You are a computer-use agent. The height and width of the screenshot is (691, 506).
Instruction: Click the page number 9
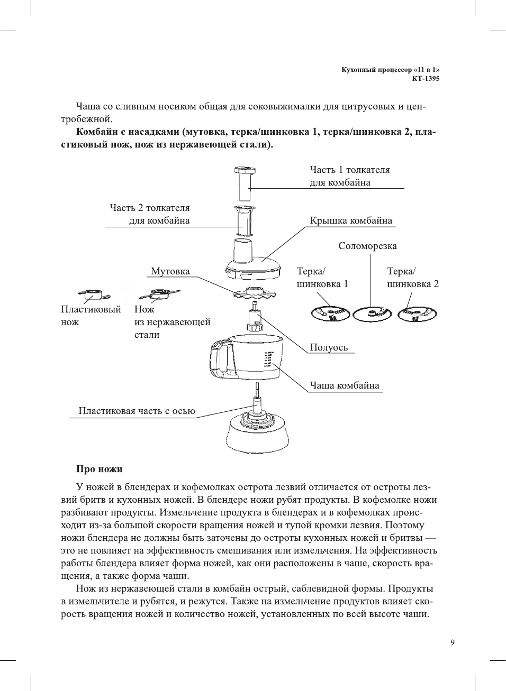(452, 642)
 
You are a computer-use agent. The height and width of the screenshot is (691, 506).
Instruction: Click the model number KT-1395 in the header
(426, 79)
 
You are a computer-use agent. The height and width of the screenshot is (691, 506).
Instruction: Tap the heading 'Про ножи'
(99, 469)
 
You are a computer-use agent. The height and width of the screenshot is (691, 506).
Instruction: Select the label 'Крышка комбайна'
(351, 220)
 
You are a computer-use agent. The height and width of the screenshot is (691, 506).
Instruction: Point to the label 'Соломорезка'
(367, 246)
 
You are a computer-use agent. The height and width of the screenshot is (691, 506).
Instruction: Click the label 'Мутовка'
(170, 271)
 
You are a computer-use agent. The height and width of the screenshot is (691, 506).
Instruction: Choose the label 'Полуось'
(329, 347)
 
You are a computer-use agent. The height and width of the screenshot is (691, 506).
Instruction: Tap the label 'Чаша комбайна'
(345, 385)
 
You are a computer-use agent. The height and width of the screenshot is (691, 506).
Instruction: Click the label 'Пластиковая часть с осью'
(137, 411)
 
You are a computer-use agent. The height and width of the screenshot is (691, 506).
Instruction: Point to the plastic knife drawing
(93, 294)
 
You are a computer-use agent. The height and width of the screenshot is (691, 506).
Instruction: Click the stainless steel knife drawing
(159, 293)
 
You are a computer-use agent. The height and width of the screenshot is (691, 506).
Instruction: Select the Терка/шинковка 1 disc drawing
(330, 314)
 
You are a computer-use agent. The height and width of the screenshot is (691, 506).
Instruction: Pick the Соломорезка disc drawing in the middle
(372, 314)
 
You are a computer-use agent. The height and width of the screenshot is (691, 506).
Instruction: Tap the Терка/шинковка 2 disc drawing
(417, 314)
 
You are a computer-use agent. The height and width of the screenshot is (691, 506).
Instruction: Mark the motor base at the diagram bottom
(257, 434)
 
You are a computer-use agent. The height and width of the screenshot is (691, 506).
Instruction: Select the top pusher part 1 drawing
(245, 182)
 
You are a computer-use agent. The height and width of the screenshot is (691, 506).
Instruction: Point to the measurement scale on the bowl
(267, 360)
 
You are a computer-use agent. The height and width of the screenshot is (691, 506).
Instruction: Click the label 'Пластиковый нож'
(91, 316)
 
